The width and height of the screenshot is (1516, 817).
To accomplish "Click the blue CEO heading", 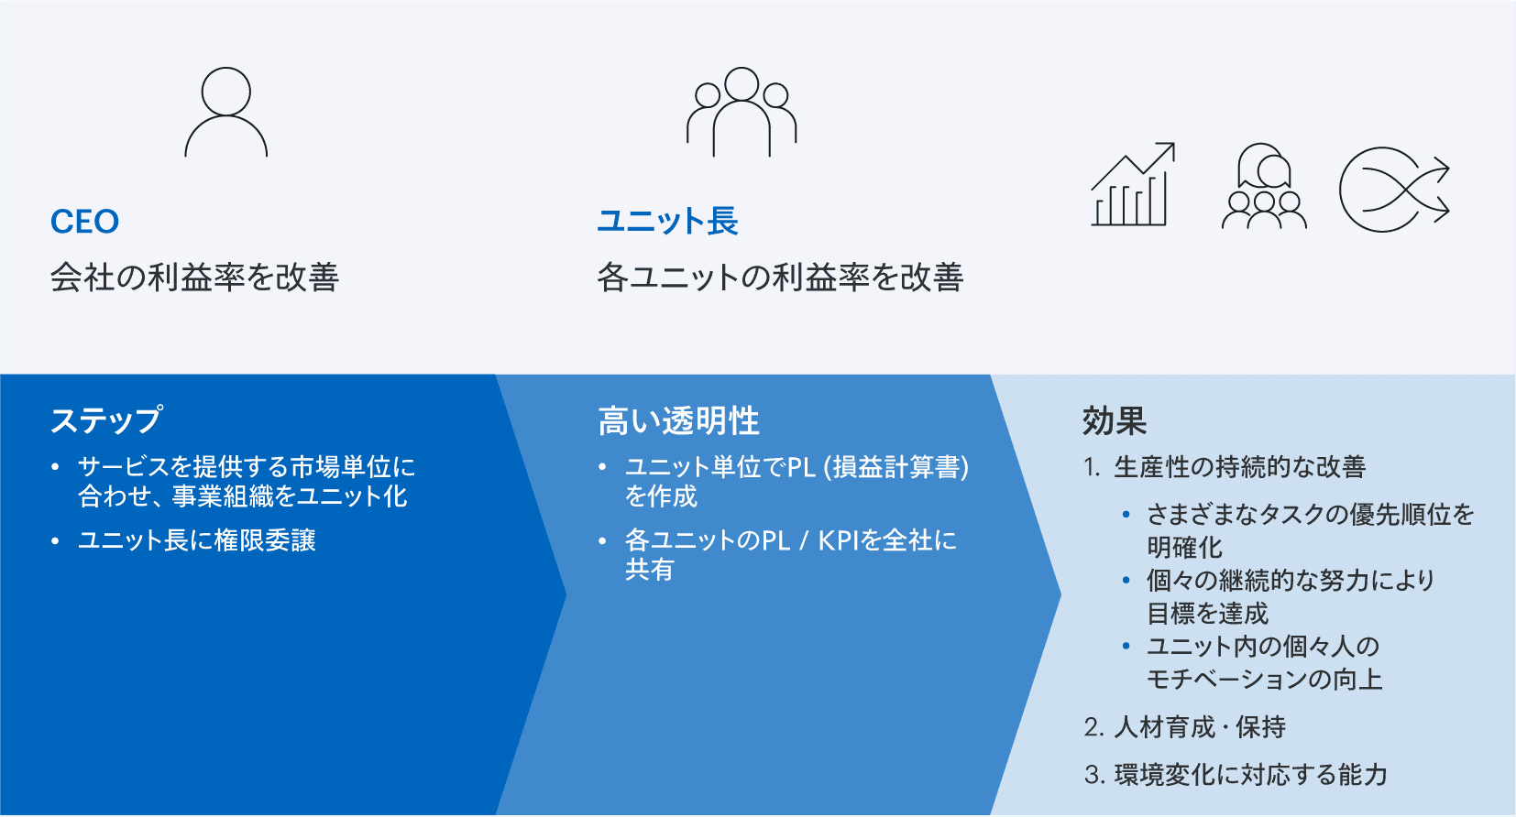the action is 84,222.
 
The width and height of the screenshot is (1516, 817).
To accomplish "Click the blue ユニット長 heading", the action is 667,221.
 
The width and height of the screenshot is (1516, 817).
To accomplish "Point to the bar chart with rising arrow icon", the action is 1132,185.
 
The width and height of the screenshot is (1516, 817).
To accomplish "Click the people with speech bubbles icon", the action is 1264,186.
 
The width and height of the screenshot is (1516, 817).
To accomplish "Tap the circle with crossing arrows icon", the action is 1394,190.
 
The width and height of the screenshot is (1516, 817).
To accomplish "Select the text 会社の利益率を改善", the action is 195,278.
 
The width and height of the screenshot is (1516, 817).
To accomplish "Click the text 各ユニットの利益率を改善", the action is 780,278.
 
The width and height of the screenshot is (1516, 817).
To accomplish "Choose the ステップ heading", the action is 107,419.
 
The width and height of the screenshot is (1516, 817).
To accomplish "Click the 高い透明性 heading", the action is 679,420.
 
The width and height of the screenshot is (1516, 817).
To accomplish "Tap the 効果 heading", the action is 1115,420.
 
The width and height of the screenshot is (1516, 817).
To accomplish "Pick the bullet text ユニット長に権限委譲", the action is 197,540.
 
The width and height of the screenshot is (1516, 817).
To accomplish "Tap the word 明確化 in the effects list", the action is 1184,547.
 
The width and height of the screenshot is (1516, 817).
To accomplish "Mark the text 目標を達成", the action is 1207,614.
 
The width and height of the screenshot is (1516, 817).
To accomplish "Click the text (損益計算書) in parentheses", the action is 896,467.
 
